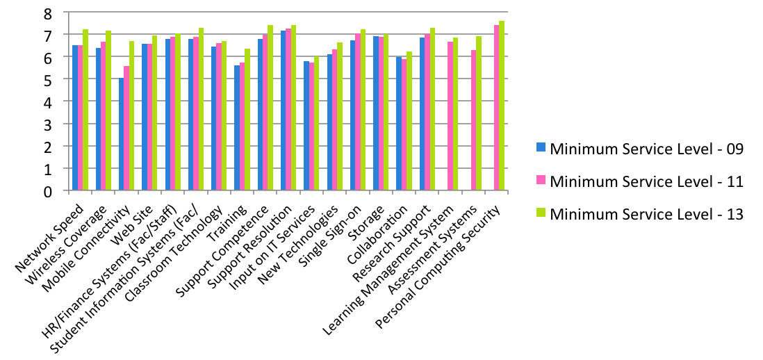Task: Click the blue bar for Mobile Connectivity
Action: click(122, 134)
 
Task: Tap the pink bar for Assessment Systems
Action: click(473, 120)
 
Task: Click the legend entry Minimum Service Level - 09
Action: click(646, 148)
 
